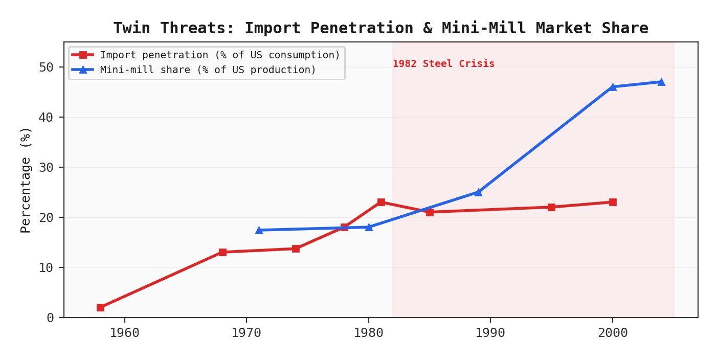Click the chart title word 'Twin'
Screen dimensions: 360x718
[132, 28]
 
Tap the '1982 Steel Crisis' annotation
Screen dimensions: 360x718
[443, 64]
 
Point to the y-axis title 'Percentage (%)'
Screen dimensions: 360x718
[26, 179]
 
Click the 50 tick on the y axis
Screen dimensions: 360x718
[46, 67]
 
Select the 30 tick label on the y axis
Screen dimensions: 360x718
[46, 168]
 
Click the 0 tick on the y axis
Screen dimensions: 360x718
[50, 318]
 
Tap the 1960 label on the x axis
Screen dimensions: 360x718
[124, 333]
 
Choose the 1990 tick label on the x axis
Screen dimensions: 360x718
[490, 333]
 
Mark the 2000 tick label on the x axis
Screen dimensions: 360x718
[612, 333]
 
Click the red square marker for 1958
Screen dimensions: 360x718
[100, 307]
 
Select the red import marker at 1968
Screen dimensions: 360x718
[222, 252]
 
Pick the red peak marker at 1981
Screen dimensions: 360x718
[381, 202]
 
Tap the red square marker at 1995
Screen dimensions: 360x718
[551, 207]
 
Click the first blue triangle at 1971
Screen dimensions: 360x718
[259, 230]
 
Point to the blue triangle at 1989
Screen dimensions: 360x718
[478, 192]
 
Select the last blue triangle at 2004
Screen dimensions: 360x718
[661, 82]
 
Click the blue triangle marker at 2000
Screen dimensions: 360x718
[613, 87]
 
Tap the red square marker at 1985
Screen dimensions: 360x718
[430, 212]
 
